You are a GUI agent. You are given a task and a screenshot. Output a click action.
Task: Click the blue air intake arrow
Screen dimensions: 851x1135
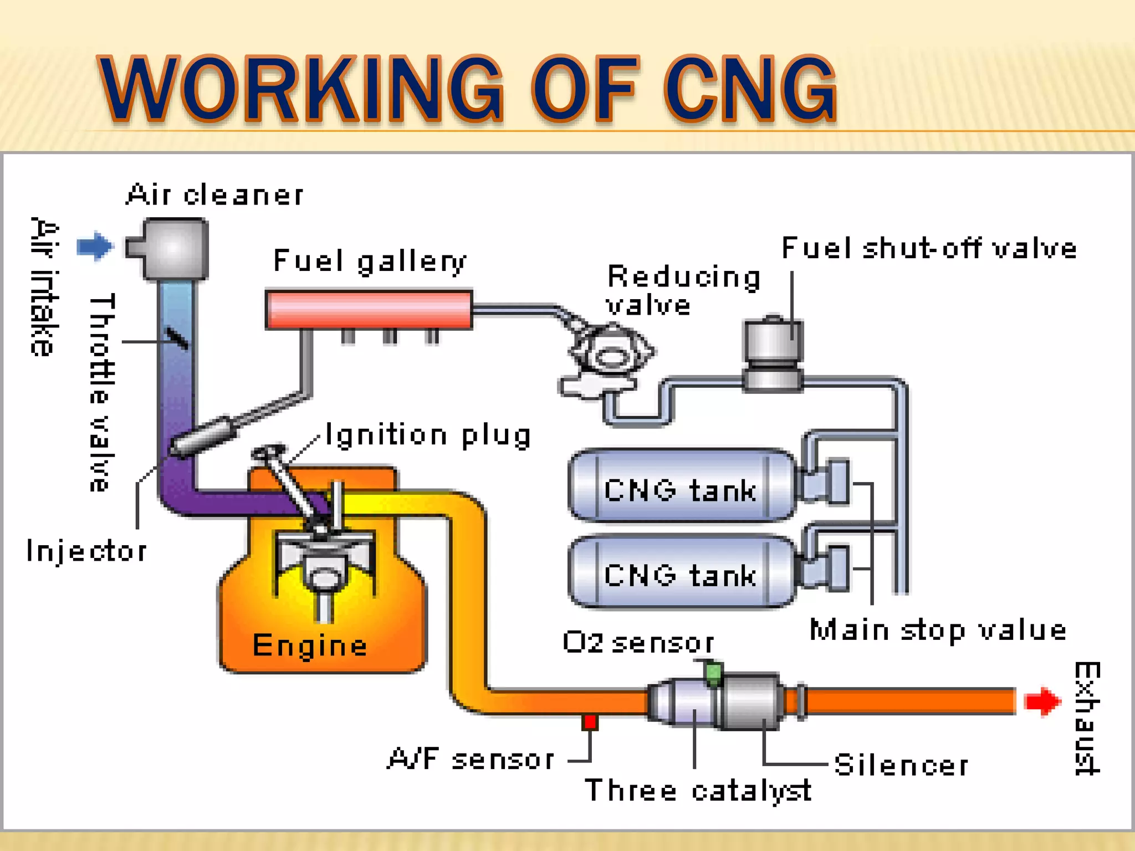[x=95, y=245]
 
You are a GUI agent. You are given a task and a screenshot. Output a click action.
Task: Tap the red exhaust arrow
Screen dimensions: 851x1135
[x=1042, y=701]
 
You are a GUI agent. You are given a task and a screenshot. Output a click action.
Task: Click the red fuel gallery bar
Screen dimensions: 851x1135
[x=369, y=310]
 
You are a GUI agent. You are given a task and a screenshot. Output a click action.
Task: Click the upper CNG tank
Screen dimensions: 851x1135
[x=682, y=486]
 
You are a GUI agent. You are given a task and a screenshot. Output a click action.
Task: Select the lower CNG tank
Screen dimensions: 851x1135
[x=682, y=572]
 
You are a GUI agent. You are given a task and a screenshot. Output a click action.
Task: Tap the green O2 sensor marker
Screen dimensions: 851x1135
[x=713, y=672]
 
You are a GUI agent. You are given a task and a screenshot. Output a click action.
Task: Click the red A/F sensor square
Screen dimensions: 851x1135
[x=590, y=722]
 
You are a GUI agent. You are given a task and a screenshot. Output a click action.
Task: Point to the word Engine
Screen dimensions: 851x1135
[x=309, y=645]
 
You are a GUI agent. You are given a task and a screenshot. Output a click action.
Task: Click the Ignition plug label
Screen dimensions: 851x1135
[x=428, y=435]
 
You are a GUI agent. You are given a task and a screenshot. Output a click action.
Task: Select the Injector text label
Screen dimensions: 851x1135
[x=87, y=551]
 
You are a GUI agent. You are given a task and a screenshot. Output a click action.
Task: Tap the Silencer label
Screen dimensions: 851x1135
[x=901, y=765]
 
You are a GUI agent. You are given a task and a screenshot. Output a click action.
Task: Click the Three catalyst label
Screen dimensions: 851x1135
[x=698, y=790]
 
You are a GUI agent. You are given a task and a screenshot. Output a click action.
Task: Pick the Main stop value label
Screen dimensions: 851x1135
[x=938, y=630]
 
